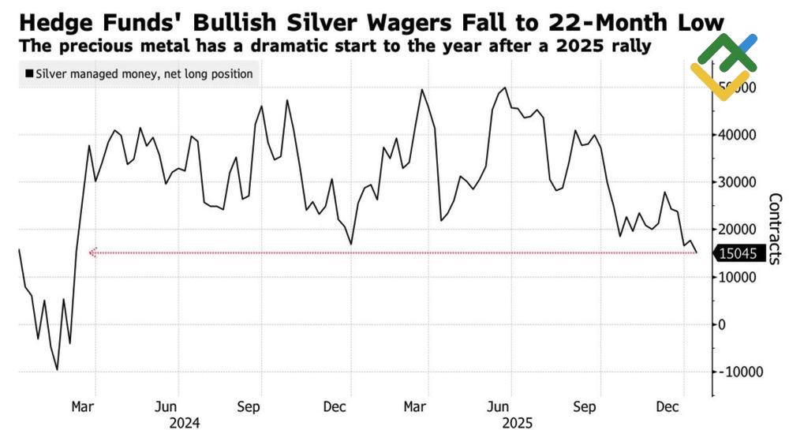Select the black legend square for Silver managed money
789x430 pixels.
pos(29,74)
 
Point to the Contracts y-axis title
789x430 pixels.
pos(774,228)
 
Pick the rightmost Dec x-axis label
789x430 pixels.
pos(668,407)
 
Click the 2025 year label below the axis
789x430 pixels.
pos(518,422)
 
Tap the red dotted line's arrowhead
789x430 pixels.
pos(92,253)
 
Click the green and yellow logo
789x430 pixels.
pos(723,66)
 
